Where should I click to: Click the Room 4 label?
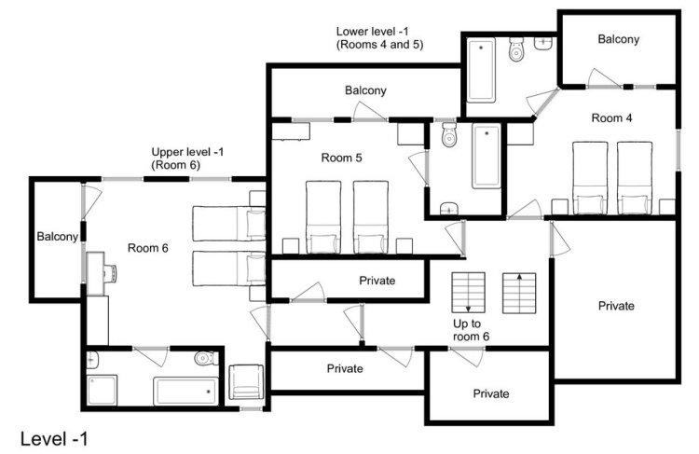pos(611,118)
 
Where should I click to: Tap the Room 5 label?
pos(342,158)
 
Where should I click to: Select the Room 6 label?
pos(148,248)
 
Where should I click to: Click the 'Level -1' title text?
pos(54,439)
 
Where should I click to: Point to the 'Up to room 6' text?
pos(471,330)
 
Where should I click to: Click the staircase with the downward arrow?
pos(468,293)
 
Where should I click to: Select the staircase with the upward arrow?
pos(519,293)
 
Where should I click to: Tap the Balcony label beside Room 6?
pos(58,237)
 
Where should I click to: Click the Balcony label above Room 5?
pos(365,90)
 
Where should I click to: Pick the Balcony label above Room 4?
pos(618,39)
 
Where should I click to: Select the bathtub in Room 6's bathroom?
pos(185,392)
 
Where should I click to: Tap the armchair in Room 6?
pos(246,382)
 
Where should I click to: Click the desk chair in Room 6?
pos(110,272)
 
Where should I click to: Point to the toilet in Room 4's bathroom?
pos(515,49)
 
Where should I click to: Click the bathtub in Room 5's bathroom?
pos(487,156)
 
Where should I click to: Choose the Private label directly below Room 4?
pos(616,306)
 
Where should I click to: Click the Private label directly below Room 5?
pos(377,281)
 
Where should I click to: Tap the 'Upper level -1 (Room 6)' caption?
pos(187,158)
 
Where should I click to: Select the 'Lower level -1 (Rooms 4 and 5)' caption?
pos(379,38)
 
